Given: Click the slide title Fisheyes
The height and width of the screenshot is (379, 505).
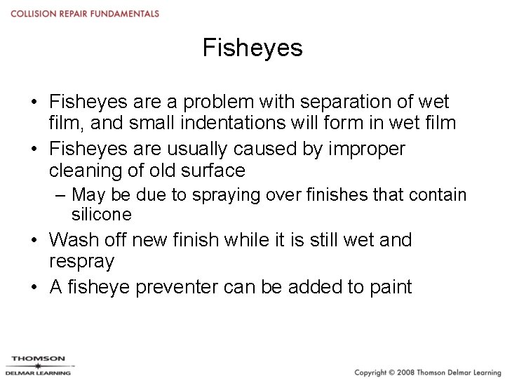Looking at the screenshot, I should [x=252, y=48].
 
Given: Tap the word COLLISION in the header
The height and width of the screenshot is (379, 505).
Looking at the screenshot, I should [x=32, y=13].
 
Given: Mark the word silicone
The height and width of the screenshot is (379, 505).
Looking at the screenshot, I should [x=101, y=214].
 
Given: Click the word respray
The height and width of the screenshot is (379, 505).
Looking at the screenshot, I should [x=82, y=261].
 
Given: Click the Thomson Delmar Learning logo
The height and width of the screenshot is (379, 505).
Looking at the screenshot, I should [x=39, y=366].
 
